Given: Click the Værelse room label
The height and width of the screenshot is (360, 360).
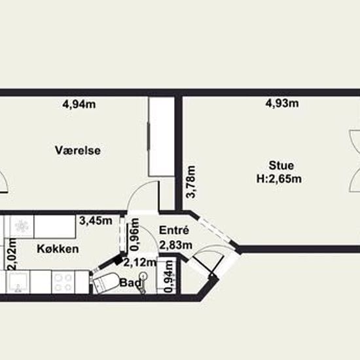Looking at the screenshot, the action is (78, 151).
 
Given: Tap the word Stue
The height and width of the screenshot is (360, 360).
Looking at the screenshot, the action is (281, 166).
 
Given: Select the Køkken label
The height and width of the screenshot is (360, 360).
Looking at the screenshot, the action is (58, 249).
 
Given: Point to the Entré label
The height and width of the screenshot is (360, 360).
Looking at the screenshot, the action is (174, 230).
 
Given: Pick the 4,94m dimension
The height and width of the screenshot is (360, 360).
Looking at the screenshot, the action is (79, 105).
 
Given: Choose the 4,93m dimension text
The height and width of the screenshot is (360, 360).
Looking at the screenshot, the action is (282, 103).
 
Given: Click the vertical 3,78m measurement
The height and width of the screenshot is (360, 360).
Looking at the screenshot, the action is (190, 182).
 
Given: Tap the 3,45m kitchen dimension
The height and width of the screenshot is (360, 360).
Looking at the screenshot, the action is (96, 221).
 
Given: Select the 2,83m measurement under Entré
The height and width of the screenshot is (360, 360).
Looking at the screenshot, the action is (175, 245).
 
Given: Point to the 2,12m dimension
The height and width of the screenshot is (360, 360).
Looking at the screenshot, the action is (140, 262).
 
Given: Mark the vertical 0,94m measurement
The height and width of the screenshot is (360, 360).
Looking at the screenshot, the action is (169, 276).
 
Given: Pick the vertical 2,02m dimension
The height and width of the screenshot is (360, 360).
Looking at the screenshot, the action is (12, 254).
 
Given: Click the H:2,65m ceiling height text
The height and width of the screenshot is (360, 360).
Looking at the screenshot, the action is (279, 179).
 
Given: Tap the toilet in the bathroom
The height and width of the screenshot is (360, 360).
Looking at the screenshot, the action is (105, 283).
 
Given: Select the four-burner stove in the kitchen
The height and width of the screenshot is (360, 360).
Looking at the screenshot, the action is (63, 282).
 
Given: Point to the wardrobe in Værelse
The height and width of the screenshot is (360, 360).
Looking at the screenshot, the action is (162, 137).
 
